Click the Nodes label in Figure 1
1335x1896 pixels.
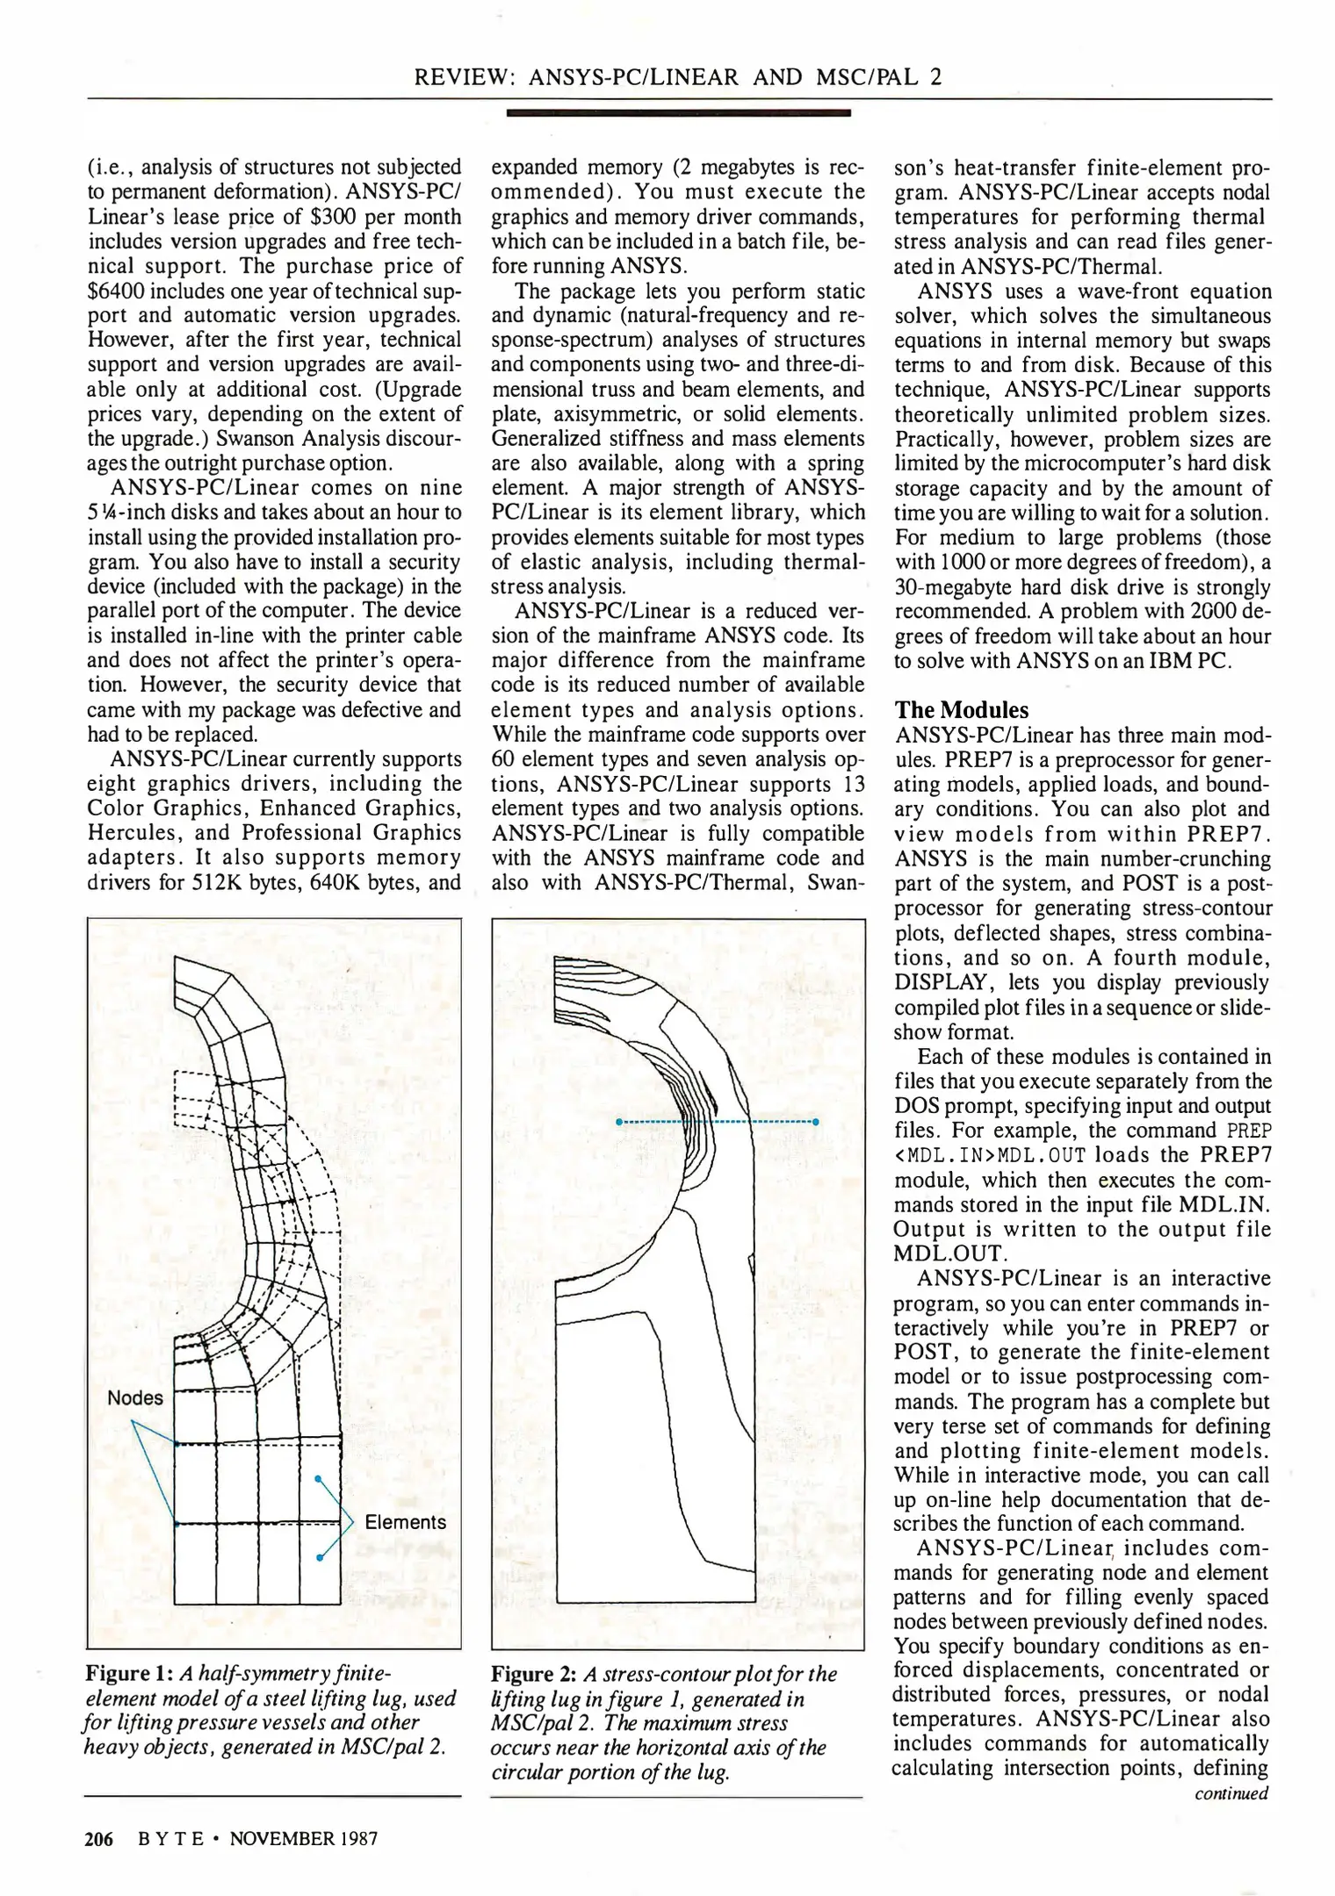[135, 1397]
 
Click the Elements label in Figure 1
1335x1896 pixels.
[405, 1521]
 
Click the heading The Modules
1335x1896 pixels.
[961, 709]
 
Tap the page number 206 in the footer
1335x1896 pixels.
[98, 1838]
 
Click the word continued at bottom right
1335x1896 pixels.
[1230, 1793]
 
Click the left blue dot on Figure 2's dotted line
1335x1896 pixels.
[619, 1122]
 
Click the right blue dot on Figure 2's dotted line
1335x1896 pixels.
[816, 1122]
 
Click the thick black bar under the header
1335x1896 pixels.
[678, 113]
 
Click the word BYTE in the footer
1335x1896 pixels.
[171, 1838]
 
